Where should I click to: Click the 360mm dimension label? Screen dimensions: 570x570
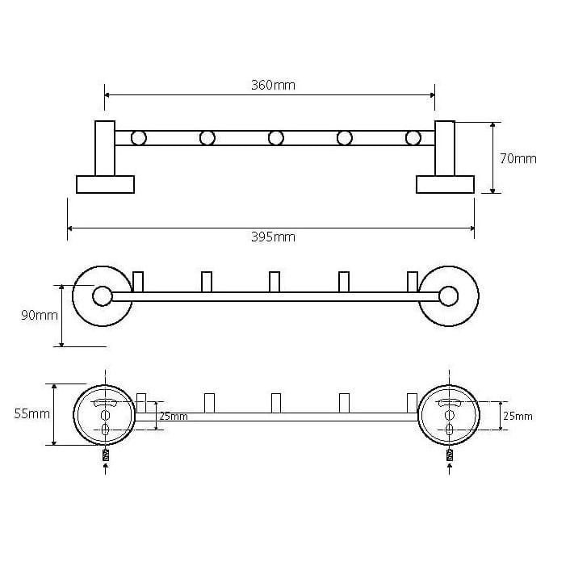(x=273, y=85)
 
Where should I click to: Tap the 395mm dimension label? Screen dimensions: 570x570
(x=273, y=237)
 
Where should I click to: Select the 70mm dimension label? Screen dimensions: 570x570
(x=518, y=158)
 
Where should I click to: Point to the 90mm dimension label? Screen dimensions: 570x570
(x=40, y=315)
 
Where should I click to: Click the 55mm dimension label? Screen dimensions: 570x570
(x=32, y=413)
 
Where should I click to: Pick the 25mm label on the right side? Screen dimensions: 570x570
(x=518, y=416)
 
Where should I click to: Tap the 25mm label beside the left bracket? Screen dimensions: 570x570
(x=174, y=417)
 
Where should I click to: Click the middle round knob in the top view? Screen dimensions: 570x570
(x=276, y=138)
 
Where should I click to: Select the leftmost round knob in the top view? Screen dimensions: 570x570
(x=139, y=138)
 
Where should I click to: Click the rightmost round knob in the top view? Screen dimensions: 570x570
(x=413, y=138)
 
